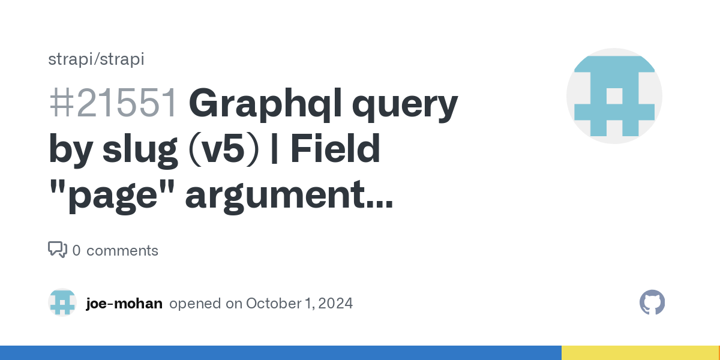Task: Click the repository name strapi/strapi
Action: [96, 59]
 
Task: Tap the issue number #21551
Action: [113, 103]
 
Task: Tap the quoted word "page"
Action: [112, 196]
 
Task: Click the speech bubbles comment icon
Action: [58, 250]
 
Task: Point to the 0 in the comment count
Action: [77, 250]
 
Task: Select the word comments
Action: [122, 251]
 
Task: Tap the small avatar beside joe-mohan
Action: [62, 302]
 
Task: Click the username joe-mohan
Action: [124, 304]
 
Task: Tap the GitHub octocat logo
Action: [652, 302]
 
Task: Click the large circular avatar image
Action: [614, 96]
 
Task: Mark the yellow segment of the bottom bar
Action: [640, 353]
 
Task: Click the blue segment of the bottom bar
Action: [281, 353]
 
